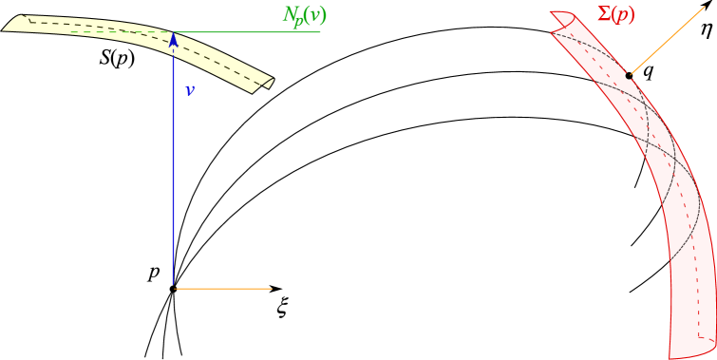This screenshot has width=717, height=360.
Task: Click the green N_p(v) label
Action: [x=304, y=15]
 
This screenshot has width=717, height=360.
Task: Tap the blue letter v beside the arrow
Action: [x=190, y=91]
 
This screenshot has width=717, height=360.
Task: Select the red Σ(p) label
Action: [x=614, y=14]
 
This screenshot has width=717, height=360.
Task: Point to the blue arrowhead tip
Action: [x=174, y=35]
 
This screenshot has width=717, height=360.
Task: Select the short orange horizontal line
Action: [x=224, y=288]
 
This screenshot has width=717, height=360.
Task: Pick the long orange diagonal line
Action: [x=670, y=38]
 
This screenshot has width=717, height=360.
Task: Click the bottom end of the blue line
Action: [x=174, y=284]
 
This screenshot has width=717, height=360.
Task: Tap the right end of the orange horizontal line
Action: [x=272, y=288]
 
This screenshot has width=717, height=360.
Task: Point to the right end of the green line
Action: [x=320, y=32]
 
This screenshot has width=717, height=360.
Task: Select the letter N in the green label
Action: [x=291, y=14]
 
